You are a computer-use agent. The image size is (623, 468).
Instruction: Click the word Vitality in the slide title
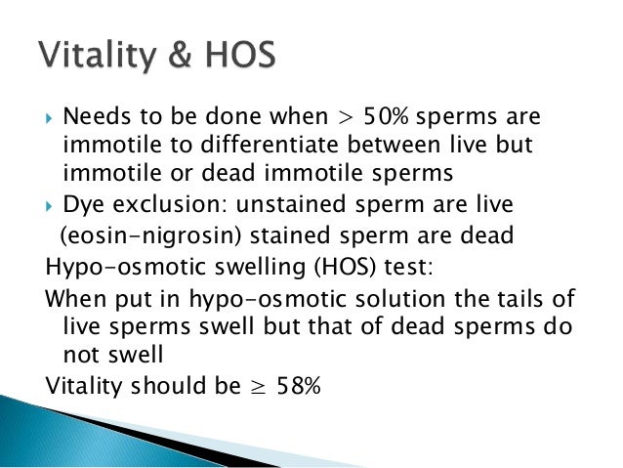[94, 54]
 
